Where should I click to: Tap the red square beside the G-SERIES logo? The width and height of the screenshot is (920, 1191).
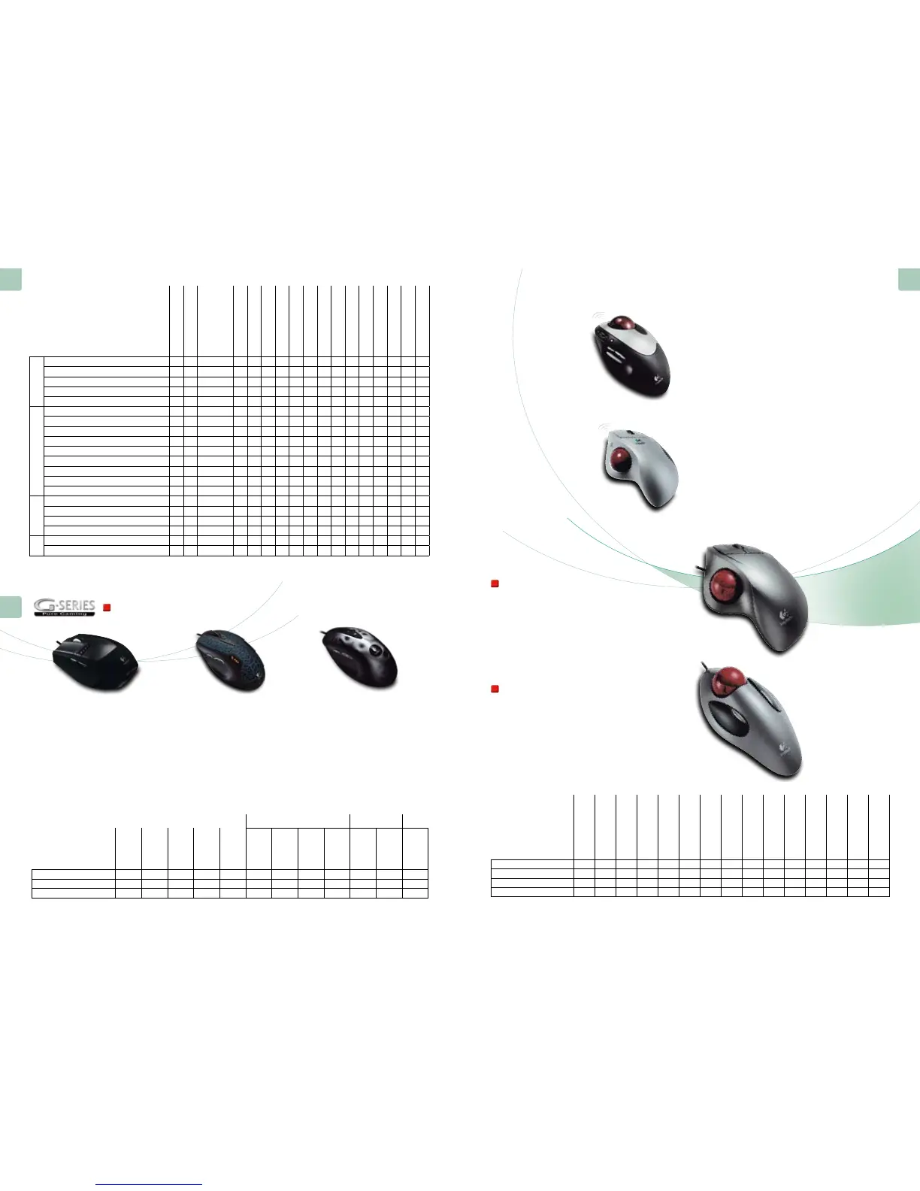tap(107, 608)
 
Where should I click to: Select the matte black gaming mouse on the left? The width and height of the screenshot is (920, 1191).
tap(95, 660)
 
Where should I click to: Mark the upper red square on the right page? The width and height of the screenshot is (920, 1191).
tap(495, 583)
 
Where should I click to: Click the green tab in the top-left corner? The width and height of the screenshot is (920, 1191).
tap(11, 279)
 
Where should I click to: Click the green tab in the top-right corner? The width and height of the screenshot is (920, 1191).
tap(909, 279)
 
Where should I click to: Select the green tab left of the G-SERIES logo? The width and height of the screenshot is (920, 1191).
tap(11, 606)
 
